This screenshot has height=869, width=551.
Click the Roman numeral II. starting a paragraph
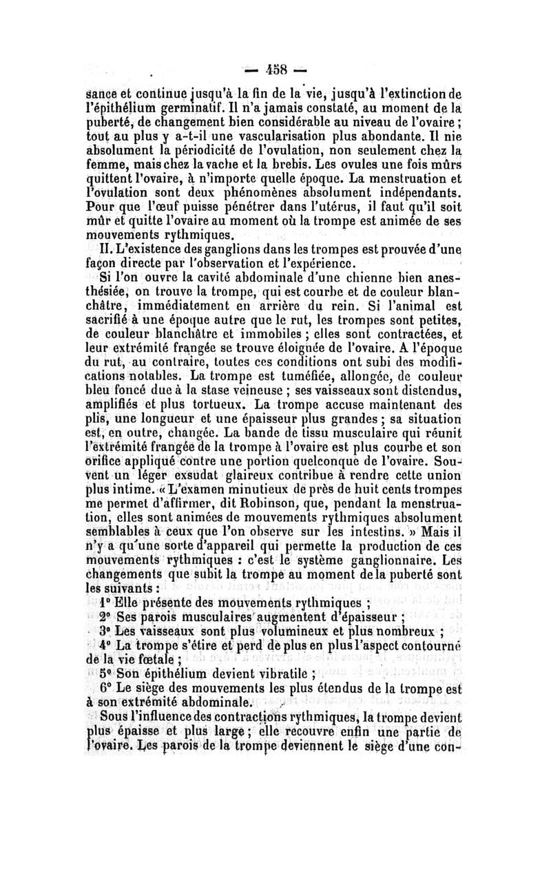tap(109, 253)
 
